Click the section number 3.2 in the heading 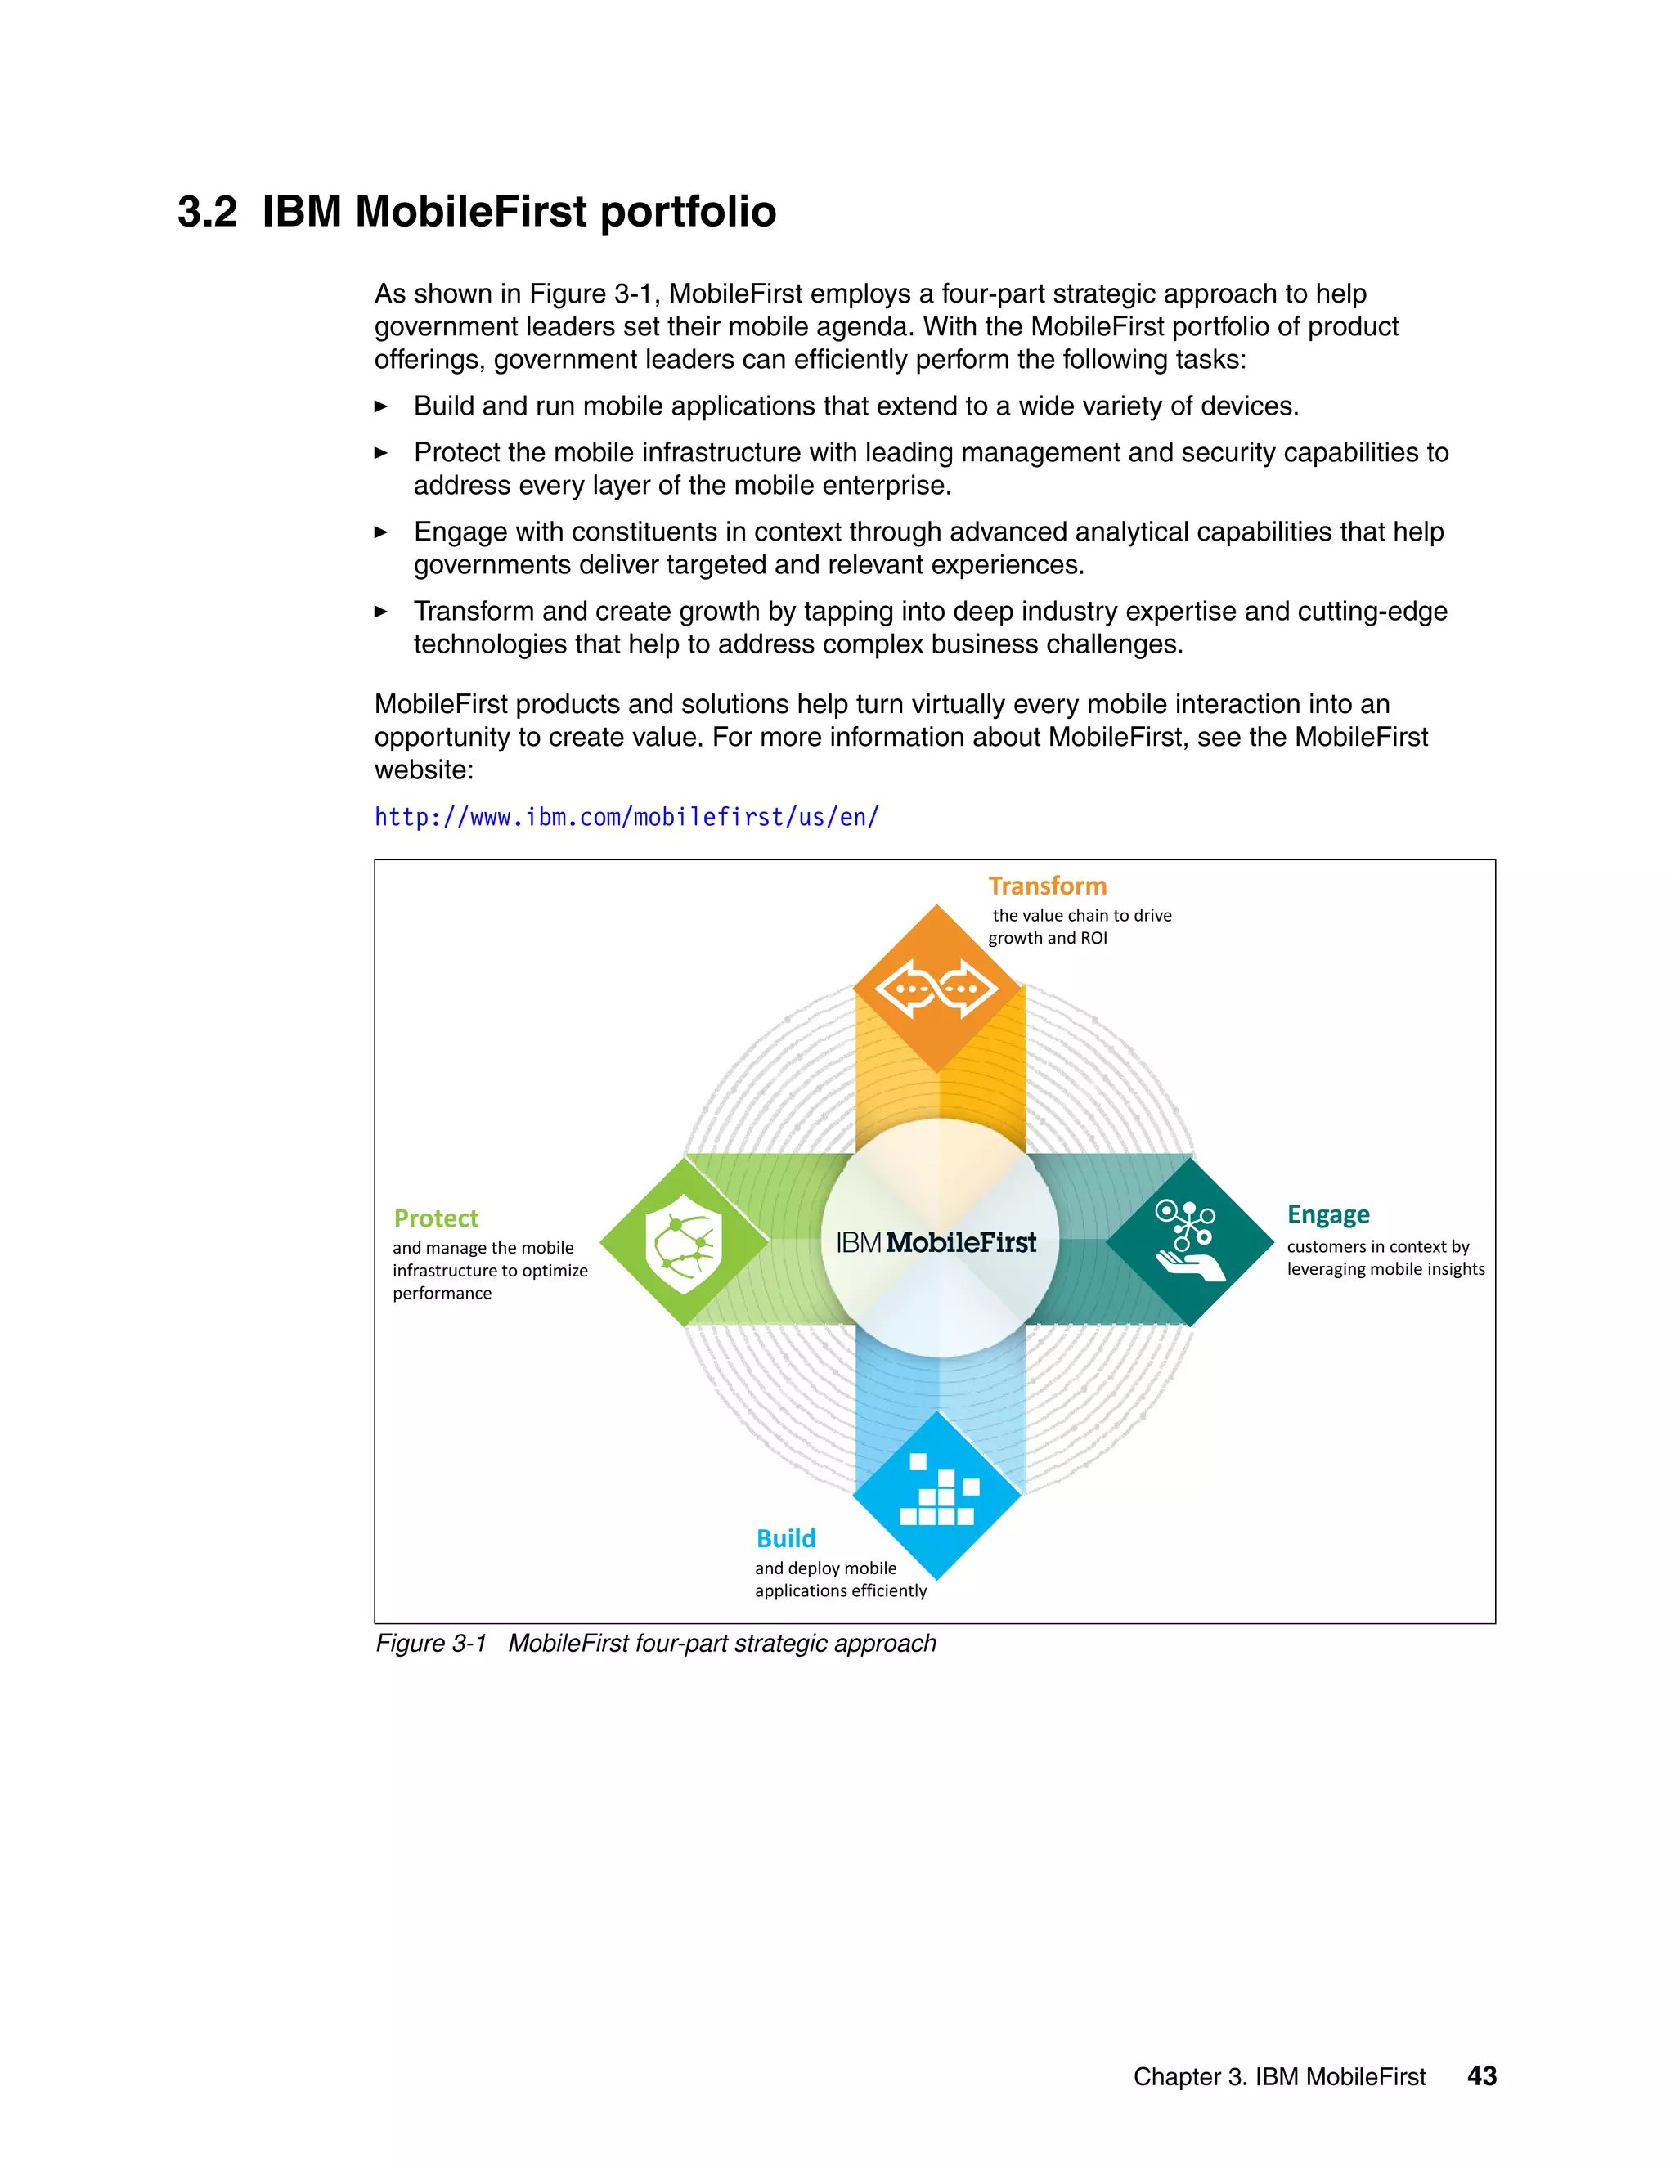pyautogui.click(x=208, y=211)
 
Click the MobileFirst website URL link pyautogui.click(x=626, y=818)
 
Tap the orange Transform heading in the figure pyautogui.click(x=1047, y=886)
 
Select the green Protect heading pyautogui.click(x=436, y=1218)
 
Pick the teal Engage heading pyautogui.click(x=1327, y=1214)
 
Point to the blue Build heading pyautogui.click(x=786, y=1538)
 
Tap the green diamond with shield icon pyautogui.click(x=685, y=1242)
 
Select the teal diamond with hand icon pyautogui.click(x=1190, y=1242)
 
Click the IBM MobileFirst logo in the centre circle pyautogui.click(x=936, y=1242)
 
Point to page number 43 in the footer pyautogui.click(x=1481, y=2075)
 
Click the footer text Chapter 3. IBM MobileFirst pyautogui.click(x=1279, y=2077)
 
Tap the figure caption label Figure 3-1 pyautogui.click(x=431, y=1643)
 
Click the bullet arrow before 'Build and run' pyautogui.click(x=381, y=406)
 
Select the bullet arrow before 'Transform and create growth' pyautogui.click(x=381, y=612)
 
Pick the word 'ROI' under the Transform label pyautogui.click(x=1092, y=939)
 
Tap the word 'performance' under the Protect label pyautogui.click(x=442, y=1294)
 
